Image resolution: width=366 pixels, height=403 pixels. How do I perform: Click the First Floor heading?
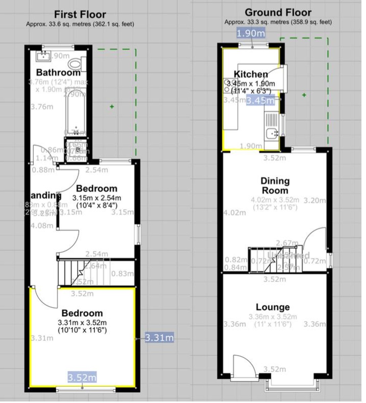coord(80,15)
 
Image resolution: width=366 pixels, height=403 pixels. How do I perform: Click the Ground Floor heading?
coord(278,13)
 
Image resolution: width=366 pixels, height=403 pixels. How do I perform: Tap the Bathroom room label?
coord(58,72)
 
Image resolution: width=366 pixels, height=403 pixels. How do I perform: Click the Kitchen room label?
coord(251,74)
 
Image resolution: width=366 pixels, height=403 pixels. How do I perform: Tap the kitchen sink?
coord(272,134)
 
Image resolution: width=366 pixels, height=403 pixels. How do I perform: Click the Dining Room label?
coord(275,185)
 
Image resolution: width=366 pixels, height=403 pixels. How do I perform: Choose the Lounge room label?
coord(273,307)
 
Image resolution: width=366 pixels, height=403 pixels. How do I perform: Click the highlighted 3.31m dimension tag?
coord(159,338)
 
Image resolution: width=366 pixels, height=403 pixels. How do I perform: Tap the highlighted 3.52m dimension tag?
coord(82,377)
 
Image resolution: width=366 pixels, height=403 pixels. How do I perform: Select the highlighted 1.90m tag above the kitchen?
coord(251,33)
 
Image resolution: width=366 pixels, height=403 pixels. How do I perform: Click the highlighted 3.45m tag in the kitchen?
coord(260,100)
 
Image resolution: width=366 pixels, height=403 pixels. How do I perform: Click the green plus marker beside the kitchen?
coord(304,95)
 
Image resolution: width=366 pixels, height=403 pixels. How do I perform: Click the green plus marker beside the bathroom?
coord(112,107)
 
